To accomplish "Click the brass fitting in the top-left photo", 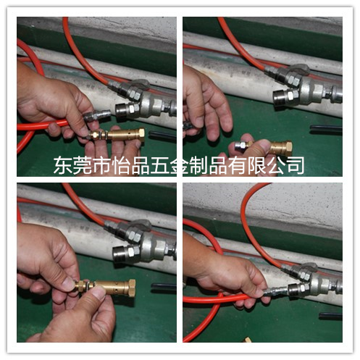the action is click(116, 135).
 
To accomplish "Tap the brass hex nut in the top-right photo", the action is click(287, 148).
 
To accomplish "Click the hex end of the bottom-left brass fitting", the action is click(131, 288).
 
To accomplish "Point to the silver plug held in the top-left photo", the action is click(96, 115).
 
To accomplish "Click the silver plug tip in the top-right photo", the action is click(240, 145).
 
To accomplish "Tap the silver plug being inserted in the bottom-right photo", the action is click(275, 291).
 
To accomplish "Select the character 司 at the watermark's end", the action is click(296, 165).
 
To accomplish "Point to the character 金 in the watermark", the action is click(179, 165).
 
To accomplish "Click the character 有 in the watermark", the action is click(238, 165).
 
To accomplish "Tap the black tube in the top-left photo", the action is click(162, 135).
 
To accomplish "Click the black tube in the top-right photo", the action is click(326, 129).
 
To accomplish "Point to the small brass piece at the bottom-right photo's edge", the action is click(247, 340).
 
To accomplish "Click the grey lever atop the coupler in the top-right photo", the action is click(298, 69).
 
